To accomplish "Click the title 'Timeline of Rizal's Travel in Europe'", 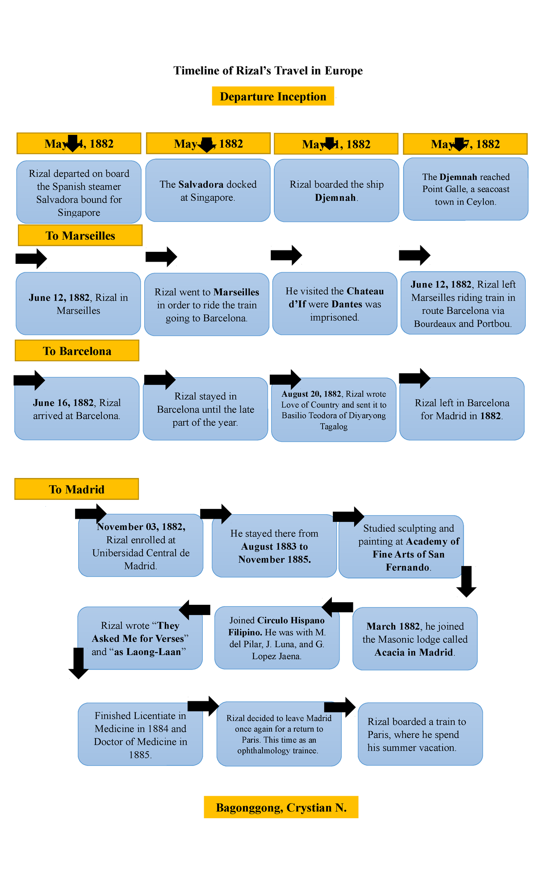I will point(268,71).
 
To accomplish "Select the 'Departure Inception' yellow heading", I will point(273,96).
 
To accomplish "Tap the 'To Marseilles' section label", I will point(80,236).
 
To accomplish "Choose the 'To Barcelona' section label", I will point(77,351).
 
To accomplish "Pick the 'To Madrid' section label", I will point(76,489).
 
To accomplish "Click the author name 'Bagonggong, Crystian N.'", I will point(281,807).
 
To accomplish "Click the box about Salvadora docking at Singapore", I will point(208,191).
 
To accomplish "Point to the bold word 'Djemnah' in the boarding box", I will point(335,198).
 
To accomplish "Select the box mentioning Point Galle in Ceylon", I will point(466,189).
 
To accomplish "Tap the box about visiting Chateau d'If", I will point(335,304).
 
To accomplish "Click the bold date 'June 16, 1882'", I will point(63,403).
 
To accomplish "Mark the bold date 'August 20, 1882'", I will point(311,394).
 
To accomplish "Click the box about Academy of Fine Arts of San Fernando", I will point(401,548).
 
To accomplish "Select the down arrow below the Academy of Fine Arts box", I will point(466,581).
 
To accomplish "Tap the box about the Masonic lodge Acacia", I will point(415,639).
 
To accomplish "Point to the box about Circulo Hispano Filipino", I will point(277,638).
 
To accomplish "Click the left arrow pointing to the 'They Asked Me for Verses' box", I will point(195,609).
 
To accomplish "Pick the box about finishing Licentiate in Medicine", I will point(140,735).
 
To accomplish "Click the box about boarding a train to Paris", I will point(420,734).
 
